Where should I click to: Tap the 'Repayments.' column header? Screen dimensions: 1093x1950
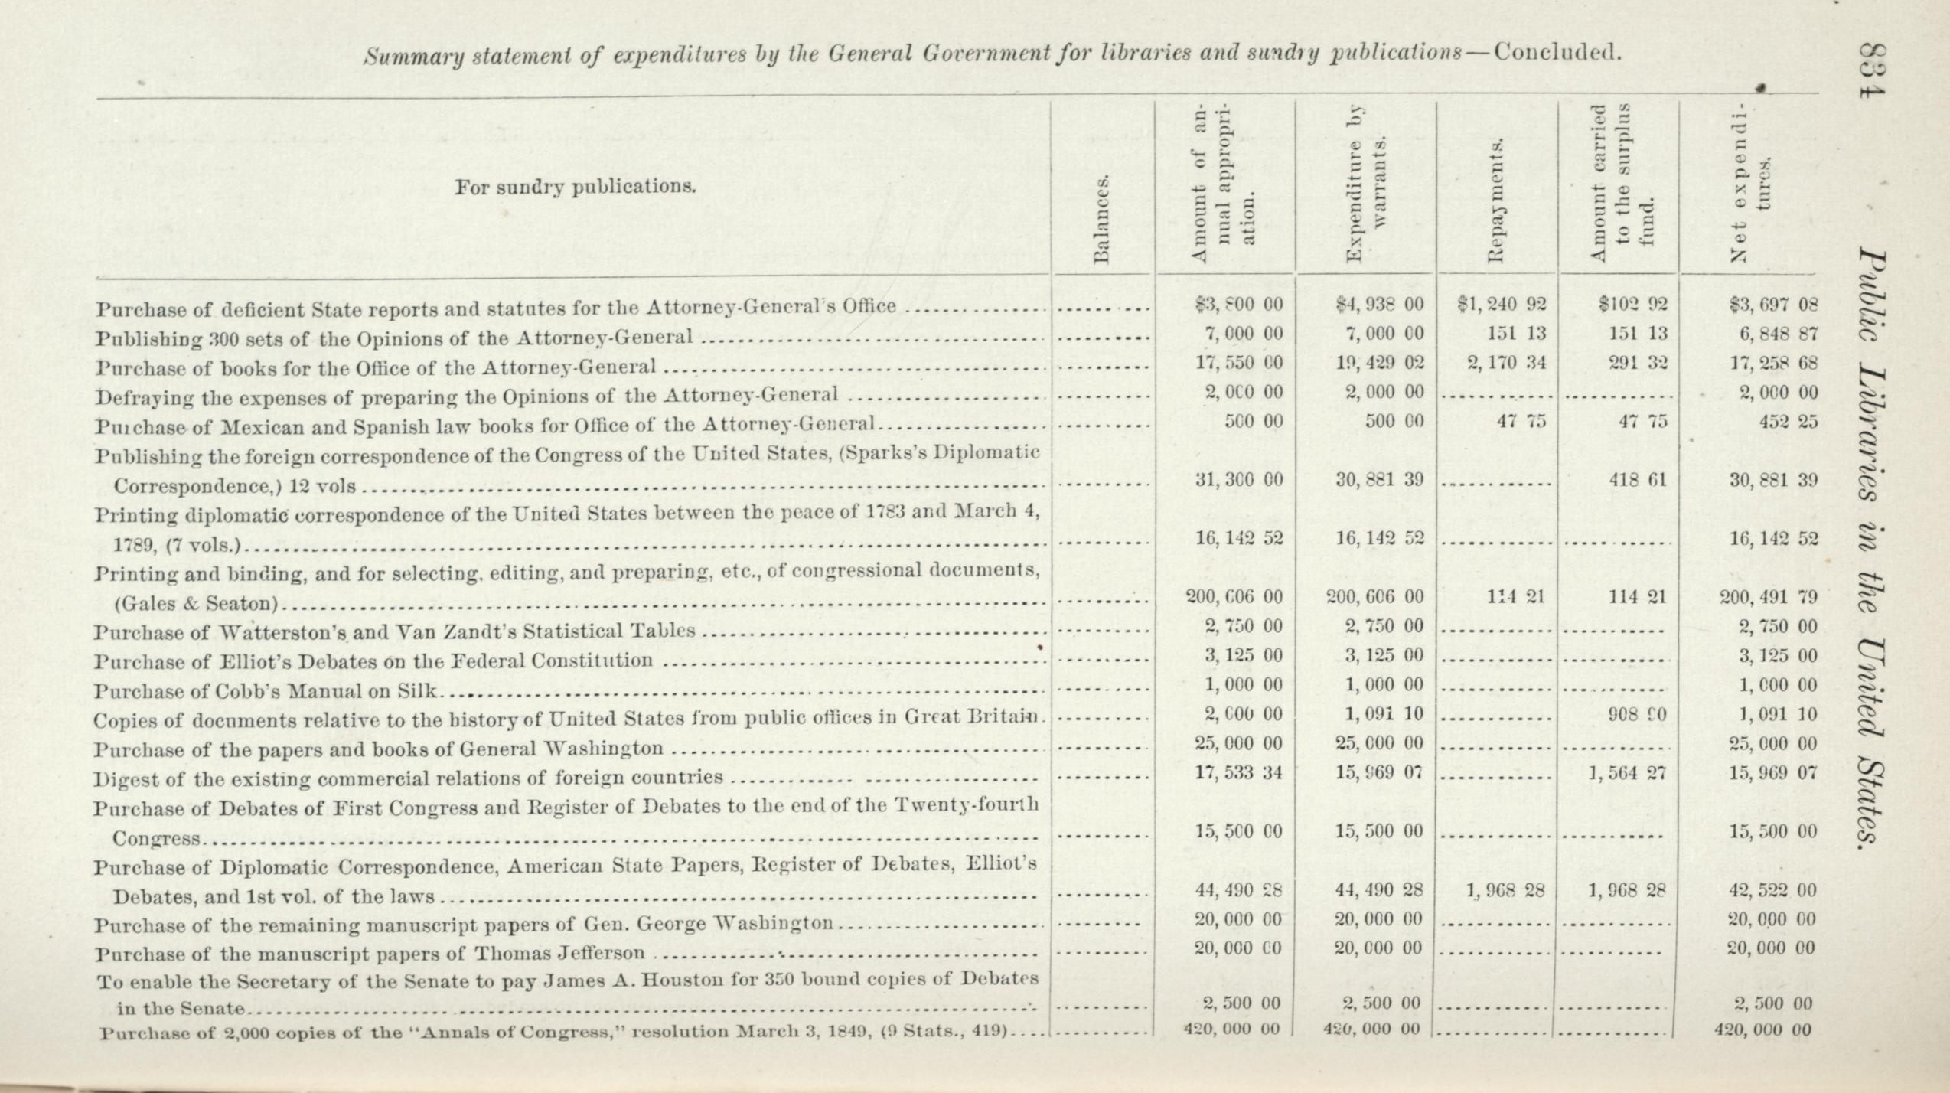1497,201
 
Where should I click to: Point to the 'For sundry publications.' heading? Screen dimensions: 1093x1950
576,187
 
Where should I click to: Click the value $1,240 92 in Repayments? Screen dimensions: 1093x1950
1502,305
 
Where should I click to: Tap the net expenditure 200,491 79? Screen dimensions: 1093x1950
1768,597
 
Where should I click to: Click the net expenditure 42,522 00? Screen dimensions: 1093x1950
1772,891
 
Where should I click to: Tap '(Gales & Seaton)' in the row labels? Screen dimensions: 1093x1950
195,604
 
